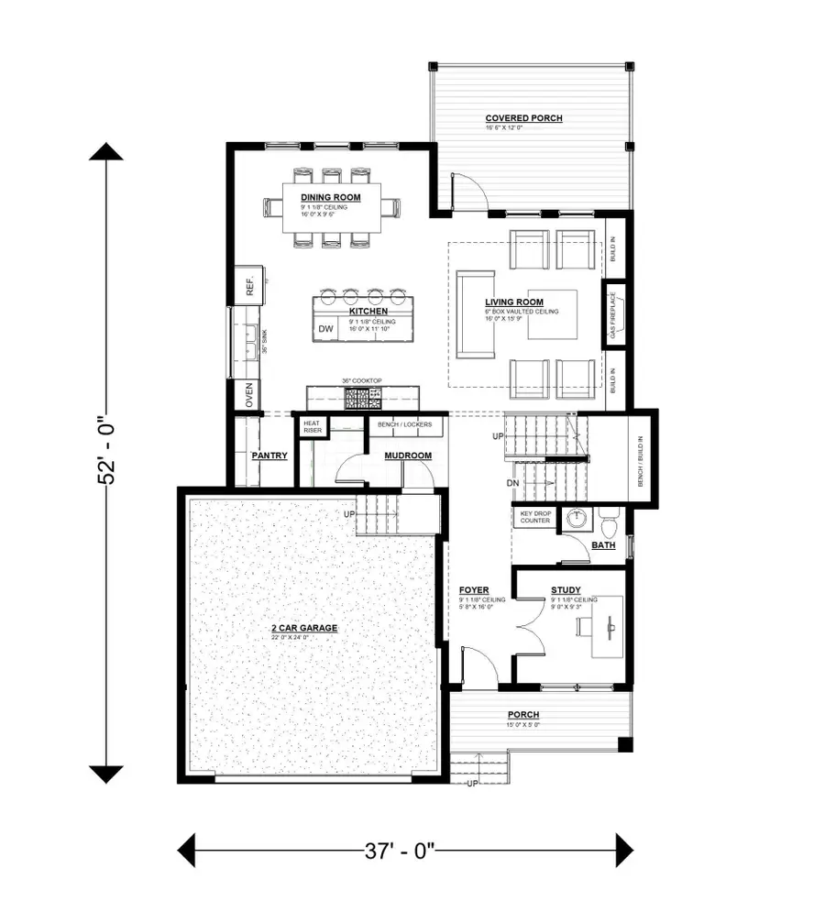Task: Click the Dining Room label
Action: tap(330, 197)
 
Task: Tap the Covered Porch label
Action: tap(523, 118)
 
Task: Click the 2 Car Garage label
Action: tap(304, 628)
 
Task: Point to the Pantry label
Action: tap(269, 456)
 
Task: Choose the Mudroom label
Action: tap(408, 456)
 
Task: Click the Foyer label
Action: tap(474, 590)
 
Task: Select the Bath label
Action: tap(603, 544)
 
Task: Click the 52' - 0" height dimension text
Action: tap(108, 454)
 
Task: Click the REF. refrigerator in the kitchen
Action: tap(249, 288)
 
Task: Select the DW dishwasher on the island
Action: tap(325, 329)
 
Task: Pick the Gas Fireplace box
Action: tap(613, 315)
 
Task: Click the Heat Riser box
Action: tap(311, 427)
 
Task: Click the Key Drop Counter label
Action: tap(535, 517)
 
